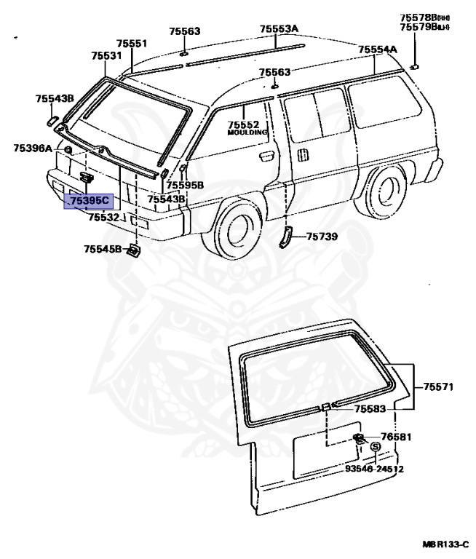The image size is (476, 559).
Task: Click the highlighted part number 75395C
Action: pyautogui.click(x=89, y=201)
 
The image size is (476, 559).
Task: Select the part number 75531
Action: pyautogui.click(x=106, y=56)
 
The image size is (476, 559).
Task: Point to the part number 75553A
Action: pyautogui.click(x=279, y=29)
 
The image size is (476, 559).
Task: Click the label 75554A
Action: pyautogui.click(x=378, y=49)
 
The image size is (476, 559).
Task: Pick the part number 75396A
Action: pyautogui.click(x=33, y=148)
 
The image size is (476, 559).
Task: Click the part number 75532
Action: pyautogui.click(x=103, y=217)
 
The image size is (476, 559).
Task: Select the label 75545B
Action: pyautogui.click(x=103, y=249)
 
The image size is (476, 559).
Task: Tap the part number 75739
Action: pyautogui.click(x=322, y=236)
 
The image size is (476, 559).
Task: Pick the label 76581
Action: pyautogui.click(x=397, y=437)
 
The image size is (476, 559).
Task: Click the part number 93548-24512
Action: pyautogui.click(x=374, y=469)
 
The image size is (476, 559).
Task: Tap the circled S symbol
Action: pyautogui.click(x=376, y=447)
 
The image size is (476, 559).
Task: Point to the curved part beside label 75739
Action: pyautogui.click(x=285, y=237)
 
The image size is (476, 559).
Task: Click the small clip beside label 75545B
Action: pyautogui.click(x=133, y=251)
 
